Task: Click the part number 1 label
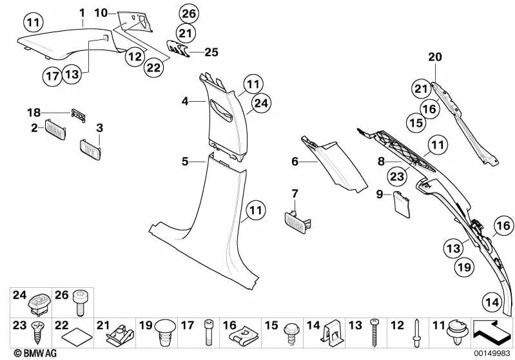[x=82, y=12]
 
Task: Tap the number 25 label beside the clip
[x=212, y=52]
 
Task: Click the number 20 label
[x=436, y=58]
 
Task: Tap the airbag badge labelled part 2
[x=55, y=128]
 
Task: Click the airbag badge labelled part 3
[x=90, y=148]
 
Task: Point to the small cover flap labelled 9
[x=403, y=202]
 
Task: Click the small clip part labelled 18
[x=77, y=114]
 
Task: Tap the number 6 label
[x=295, y=162]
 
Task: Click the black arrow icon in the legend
[x=492, y=334]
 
